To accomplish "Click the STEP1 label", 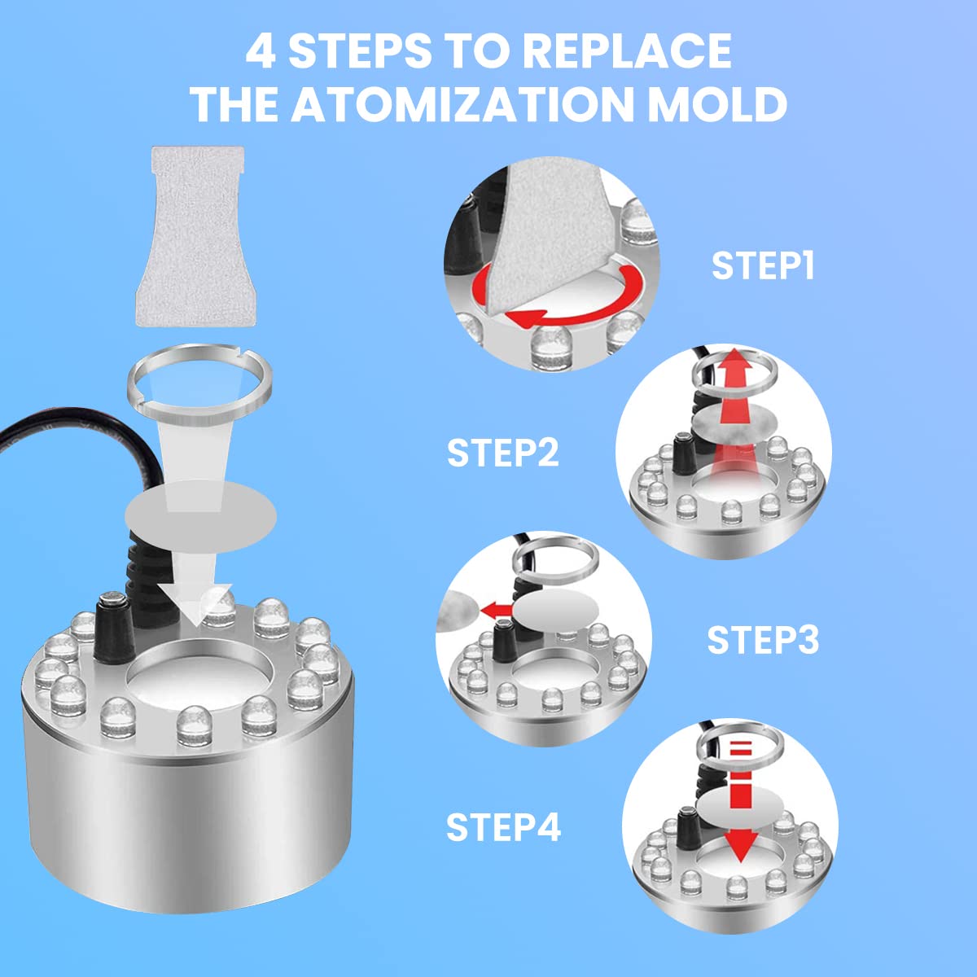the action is [x=763, y=266].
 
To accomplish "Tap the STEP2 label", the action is [x=503, y=453].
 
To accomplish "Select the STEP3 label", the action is [x=763, y=641].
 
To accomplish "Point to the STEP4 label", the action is [x=503, y=827].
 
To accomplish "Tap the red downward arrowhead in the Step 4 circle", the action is [x=741, y=848].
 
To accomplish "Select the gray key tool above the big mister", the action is [x=191, y=236].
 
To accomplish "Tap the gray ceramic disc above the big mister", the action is [x=201, y=517].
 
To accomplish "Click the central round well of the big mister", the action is [x=199, y=675].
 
